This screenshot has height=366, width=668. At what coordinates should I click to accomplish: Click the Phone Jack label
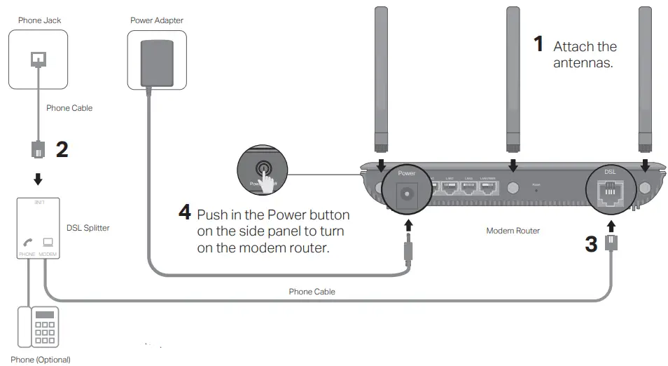(x=39, y=20)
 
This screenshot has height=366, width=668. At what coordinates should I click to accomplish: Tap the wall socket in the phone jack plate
(x=39, y=62)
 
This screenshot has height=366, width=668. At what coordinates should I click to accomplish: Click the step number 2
(x=62, y=149)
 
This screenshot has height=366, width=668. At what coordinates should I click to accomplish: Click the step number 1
(x=538, y=45)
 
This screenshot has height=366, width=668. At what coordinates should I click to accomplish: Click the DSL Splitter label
(x=88, y=228)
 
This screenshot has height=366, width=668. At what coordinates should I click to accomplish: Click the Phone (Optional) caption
(x=41, y=360)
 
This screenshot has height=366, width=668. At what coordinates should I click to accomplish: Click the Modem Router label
(x=513, y=231)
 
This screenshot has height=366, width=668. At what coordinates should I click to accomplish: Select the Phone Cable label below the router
(x=312, y=292)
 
